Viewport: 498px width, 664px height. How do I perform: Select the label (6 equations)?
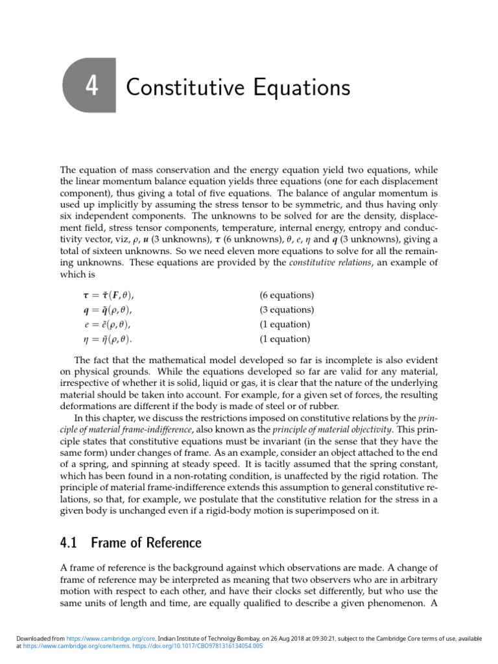287,296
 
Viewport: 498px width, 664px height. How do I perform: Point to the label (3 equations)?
287,310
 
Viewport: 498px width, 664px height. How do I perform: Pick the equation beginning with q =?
107,310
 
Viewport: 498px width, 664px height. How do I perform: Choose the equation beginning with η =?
107,338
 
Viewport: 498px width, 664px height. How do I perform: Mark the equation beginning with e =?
107,324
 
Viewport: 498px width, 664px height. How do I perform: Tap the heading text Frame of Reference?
147,543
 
